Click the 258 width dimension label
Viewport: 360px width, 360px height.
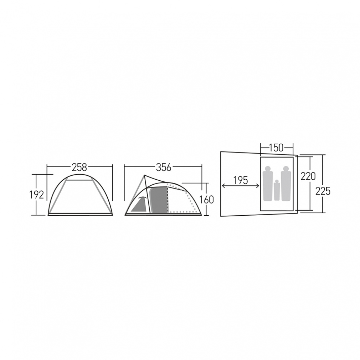pyautogui.click(x=79, y=168)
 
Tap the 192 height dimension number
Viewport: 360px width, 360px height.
pyautogui.click(x=36, y=195)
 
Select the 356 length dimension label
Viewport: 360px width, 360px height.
pyautogui.click(x=164, y=168)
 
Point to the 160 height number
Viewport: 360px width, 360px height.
pyautogui.click(x=206, y=200)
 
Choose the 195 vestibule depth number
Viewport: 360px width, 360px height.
pyautogui.click(x=241, y=180)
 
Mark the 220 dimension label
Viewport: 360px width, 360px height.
pyautogui.click(x=308, y=176)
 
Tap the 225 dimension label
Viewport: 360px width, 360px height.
pyautogui.click(x=323, y=191)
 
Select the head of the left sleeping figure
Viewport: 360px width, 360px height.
pyautogui.click(x=267, y=168)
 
